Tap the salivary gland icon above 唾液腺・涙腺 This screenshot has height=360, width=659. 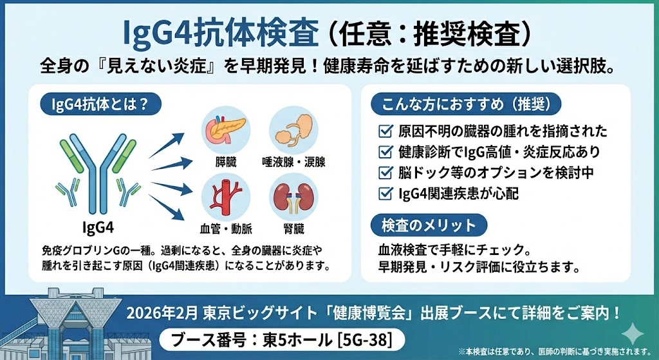coord(293,131)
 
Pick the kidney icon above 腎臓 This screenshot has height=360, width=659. coord(293,196)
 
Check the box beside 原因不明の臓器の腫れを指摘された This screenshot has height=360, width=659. coord(386,132)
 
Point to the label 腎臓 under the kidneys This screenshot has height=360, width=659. coord(293,227)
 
